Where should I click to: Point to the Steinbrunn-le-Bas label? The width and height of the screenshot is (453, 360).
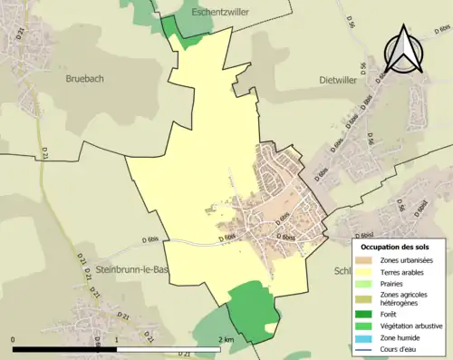(130, 269)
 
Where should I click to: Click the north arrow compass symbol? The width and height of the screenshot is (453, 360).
(403, 50)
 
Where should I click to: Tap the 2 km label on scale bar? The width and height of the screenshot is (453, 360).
(227, 339)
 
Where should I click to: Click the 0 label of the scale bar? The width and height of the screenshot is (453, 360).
(14, 339)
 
